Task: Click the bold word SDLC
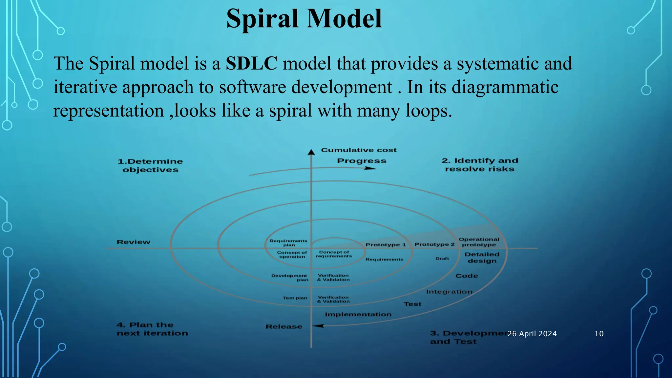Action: pos(251,63)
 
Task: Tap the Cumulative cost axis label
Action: pos(359,150)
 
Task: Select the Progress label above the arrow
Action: pos(362,161)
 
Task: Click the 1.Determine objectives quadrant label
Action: pos(150,165)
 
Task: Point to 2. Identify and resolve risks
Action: pos(480,165)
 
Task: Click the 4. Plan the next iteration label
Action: pos(152,329)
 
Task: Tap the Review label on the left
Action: pos(133,242)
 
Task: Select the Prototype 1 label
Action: pos(386,245)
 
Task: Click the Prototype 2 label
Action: pos(434,244)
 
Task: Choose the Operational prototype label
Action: pos(479,242)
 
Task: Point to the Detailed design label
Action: pos(482,258)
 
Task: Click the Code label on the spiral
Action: pos(466,276)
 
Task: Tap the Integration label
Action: pos(449,292)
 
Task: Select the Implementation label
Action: pos(358,314)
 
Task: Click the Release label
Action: pos(283,326)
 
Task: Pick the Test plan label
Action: pos(295,298)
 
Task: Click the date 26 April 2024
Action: pos(532,334)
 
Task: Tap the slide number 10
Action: pos(599,334)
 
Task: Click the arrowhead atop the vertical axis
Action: pos(311,152)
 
